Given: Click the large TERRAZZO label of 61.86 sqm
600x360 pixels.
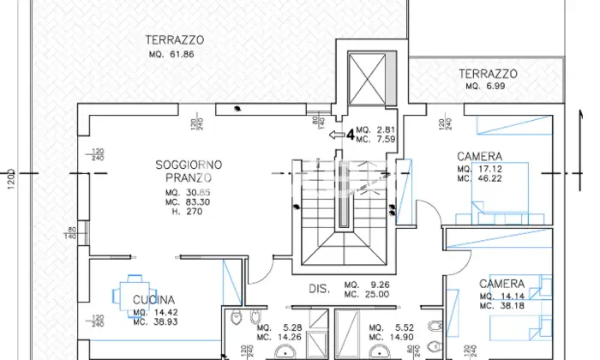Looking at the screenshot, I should pyautogui.click(x=174, y=39).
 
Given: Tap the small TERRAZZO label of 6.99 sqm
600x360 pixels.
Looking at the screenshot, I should pyautogui.click(x=487, y=74).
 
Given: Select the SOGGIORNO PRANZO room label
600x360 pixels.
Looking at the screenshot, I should pyautogui.click(x=189, y=171).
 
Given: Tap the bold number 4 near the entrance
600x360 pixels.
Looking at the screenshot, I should pyautogui.click(x=350, y=134).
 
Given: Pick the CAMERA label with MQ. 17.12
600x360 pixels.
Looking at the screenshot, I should pyautogui.click(x=479, y=157).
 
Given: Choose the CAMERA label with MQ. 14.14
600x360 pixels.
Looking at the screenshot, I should pyautogui.click(x=501, y=284).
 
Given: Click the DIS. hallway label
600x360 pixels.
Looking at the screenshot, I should pyautogui.click(x=320, y=288).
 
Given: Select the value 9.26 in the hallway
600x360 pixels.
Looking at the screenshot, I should pyautogui.click(x=378, y=285).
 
